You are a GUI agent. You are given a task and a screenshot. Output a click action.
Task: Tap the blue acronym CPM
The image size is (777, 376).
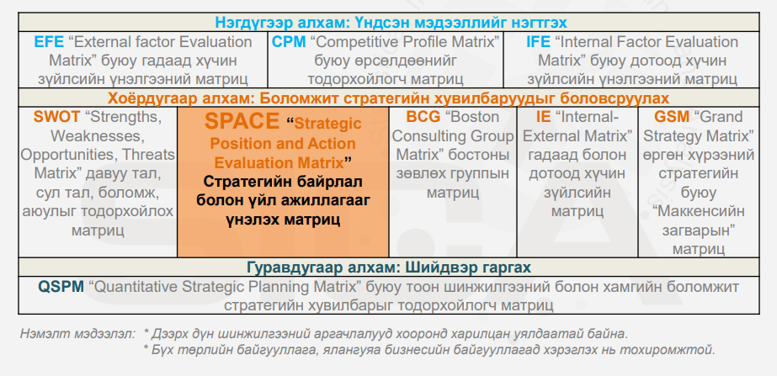coord(289,42)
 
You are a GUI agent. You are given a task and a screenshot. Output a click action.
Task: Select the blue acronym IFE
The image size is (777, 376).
coord(538,42)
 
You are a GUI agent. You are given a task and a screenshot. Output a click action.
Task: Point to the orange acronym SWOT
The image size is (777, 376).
coord(56,117)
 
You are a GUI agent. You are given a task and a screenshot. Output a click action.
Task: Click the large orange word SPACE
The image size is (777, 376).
coord(242,121)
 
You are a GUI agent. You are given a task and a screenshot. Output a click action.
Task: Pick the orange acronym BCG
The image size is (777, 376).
coord(423,117)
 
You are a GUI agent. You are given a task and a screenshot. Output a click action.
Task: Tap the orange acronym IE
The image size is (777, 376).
coord(543,117)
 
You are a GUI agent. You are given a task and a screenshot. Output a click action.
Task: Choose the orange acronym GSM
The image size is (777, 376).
coord(672,117)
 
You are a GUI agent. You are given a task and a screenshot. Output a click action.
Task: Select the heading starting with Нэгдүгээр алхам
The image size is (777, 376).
coord(391,23)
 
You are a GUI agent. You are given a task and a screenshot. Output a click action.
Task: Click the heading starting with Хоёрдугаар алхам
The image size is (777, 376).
coord(390,98)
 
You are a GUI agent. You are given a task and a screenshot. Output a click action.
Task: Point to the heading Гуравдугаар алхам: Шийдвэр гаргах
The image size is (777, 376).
coord(389,267)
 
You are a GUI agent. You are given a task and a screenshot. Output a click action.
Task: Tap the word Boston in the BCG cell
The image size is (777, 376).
coord(472,117)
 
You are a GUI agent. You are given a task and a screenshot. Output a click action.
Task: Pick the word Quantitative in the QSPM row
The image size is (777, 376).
coord(139,287)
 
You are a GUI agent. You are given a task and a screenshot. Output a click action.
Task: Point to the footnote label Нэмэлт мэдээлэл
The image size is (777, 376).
coord(77,334)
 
